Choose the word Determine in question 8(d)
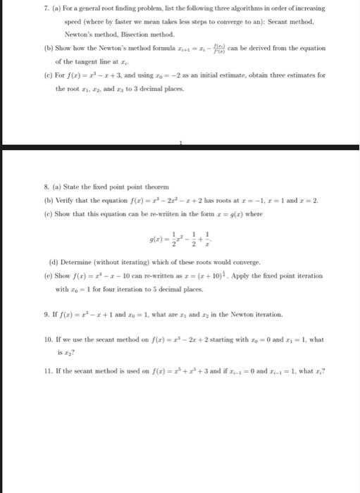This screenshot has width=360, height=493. (x=71, y=261)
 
